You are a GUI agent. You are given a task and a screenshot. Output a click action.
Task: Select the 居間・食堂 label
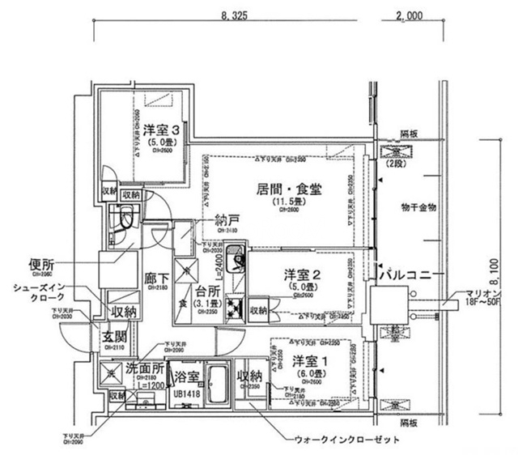290,189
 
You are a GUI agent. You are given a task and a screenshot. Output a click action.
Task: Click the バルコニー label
405,274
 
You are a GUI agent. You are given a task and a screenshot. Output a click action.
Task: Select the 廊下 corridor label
156,278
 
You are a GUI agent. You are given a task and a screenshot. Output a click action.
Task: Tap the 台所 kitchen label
205,292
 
